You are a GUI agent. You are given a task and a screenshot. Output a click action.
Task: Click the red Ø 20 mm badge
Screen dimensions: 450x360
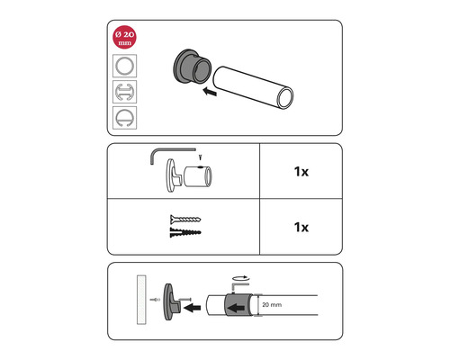point(124,37)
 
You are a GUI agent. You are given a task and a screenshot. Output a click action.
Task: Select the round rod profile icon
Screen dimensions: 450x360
point(124,66)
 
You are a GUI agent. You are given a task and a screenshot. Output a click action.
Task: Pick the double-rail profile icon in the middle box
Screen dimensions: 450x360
point(124,92)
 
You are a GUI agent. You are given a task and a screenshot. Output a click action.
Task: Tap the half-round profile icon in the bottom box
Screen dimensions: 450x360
point(124,118)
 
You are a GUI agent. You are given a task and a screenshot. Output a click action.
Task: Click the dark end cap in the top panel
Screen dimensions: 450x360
point(192,67)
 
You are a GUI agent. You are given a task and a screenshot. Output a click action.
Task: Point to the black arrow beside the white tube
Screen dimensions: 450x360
point(210,91)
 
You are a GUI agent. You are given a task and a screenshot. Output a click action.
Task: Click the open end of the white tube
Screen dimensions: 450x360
point(285,98)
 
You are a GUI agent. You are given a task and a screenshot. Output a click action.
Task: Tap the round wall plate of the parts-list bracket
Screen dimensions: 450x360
point(170,175)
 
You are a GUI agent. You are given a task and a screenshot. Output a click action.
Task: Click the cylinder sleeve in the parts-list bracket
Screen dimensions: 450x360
point(198,176)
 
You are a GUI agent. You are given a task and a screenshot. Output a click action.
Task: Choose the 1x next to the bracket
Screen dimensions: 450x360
point(301,172)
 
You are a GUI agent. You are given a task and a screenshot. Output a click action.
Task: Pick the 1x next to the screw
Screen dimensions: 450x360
point(301,227)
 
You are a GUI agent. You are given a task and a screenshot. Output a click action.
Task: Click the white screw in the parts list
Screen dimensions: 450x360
point(185,220)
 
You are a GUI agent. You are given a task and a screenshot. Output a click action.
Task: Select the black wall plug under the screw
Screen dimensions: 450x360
point(185,232)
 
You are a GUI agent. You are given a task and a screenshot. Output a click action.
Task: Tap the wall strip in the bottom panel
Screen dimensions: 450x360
point(141,300)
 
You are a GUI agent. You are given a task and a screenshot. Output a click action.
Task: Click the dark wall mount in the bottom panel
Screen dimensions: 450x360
point(170,301)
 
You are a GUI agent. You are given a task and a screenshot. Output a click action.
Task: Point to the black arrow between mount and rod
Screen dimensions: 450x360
point(193,308)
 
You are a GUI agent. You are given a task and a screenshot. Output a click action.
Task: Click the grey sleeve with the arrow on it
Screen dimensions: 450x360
point(238,305)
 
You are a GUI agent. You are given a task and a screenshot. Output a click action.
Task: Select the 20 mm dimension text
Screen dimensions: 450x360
point(272,305)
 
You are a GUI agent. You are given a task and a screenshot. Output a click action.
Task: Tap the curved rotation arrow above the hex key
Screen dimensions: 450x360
point(240,277)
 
